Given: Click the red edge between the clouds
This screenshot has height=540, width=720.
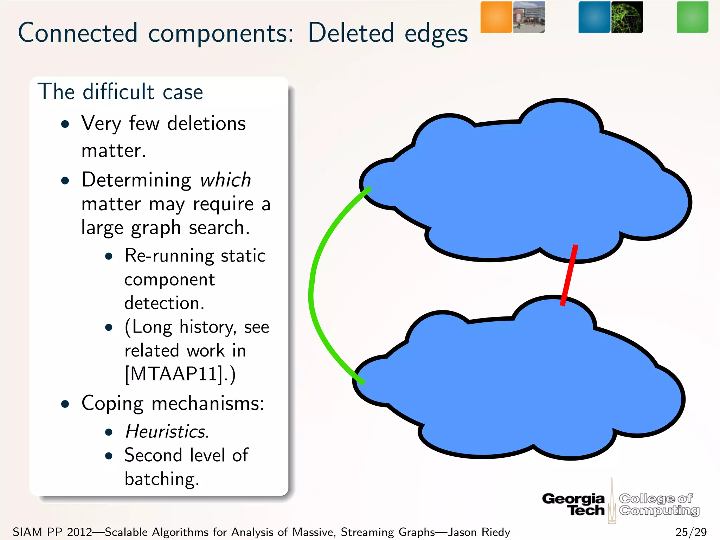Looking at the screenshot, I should [x=568, y=275].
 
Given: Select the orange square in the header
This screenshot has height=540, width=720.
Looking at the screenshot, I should [x=496, y=17].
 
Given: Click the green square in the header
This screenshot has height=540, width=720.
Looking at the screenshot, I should [x=692, y=17].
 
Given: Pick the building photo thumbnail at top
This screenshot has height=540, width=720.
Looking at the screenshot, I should [x=529, y=17].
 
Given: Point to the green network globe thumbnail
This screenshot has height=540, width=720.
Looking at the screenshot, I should [x=627, y=17].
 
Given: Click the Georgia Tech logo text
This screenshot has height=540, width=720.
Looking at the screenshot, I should [x=574, y=504].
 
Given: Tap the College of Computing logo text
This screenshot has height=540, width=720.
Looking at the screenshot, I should [x=659, y=504].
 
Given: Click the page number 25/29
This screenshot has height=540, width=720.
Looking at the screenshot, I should [x=691, y=532].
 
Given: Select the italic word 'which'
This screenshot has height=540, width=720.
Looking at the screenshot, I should [x=225, y=180].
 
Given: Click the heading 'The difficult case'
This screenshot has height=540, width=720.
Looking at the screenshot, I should [x=120, y=92].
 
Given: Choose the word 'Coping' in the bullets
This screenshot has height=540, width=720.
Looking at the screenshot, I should [x=112, y=404].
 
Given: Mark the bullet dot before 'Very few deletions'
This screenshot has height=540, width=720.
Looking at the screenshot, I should [x=65, y=124].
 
